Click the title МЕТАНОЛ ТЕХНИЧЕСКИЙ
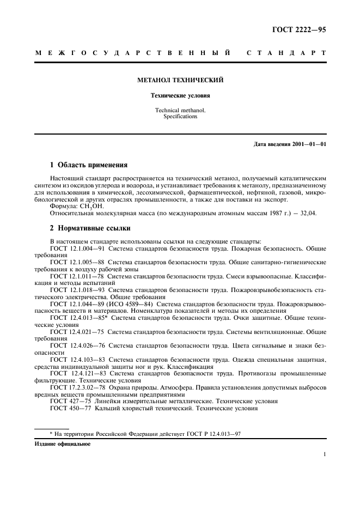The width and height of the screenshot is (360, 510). pyautogui.click(x=180, y=80)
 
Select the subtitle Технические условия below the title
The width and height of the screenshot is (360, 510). pyautogui.click(x=180, y=96)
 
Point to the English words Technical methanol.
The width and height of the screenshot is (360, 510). pyautogui.click(x=180, y=110)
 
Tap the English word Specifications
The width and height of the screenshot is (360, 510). pyautogui.click(x=180, y=117)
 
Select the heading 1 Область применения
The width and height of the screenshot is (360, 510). pyautogui.click(x=88, y=164)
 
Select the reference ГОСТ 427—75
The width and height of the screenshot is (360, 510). pyautogui.click(x=70, y=401)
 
